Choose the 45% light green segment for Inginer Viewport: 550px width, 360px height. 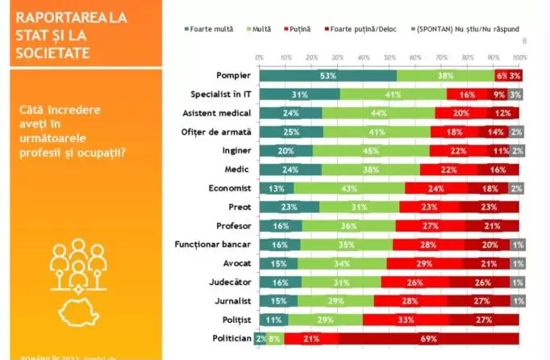371,150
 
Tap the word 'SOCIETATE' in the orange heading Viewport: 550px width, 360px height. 52,52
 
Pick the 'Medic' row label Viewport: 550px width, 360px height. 238,169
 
